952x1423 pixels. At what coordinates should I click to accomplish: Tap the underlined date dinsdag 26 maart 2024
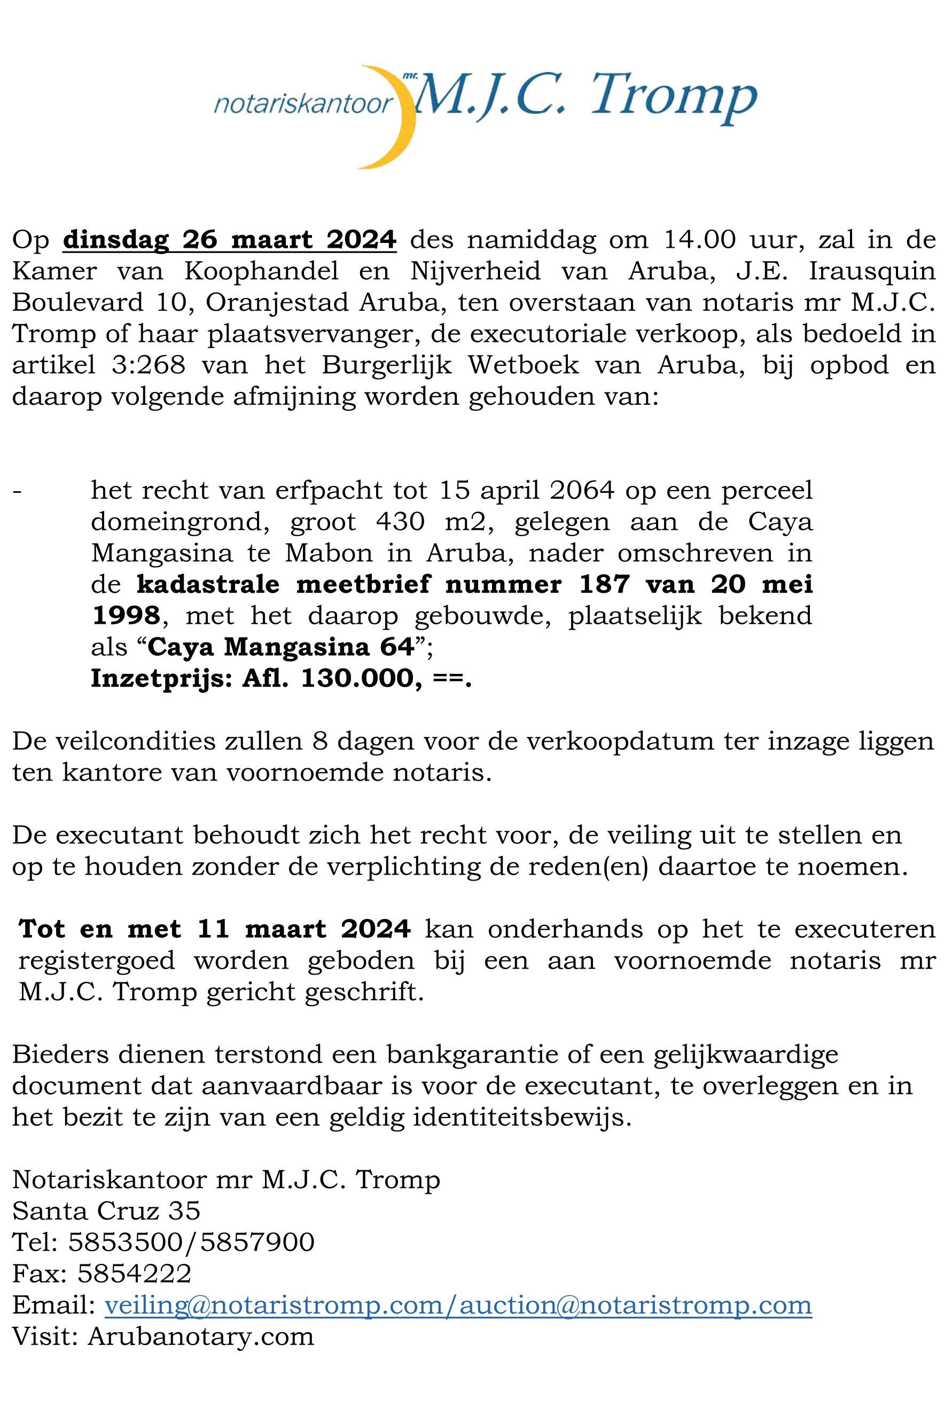tap(230, 240)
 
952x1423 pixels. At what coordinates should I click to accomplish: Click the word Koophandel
tap(262, 271)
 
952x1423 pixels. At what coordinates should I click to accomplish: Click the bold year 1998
tap(126, 616)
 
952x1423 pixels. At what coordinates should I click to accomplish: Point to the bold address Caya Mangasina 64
tap(280, 648)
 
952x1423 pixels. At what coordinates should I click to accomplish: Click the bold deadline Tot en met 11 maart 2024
tap(215, 929)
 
